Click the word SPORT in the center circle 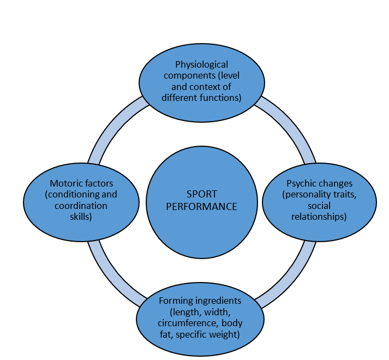(x=202, y=194)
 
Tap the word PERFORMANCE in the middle (x=202, y=207)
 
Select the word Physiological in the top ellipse (x=202, y=64)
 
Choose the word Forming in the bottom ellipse (x=176, y=301)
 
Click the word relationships (x=319, y=217)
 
